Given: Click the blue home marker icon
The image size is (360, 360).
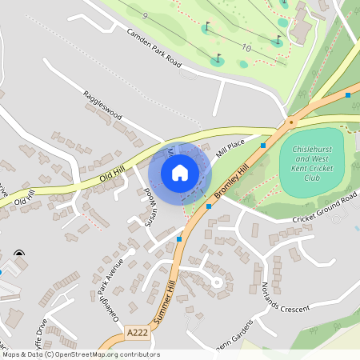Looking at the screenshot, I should click(x=180, y=172).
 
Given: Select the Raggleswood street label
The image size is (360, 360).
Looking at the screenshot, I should click(x=102, y=106).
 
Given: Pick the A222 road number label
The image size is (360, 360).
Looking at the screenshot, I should click(x=137, y=330).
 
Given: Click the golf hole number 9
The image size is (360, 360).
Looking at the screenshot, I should click(x=145, y=16).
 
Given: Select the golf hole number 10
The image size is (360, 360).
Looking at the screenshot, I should click(x=246, y=48).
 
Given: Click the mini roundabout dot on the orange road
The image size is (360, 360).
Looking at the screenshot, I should click(x=291, y=122).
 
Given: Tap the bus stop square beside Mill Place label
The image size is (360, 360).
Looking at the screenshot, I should click(x=262, y=146).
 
